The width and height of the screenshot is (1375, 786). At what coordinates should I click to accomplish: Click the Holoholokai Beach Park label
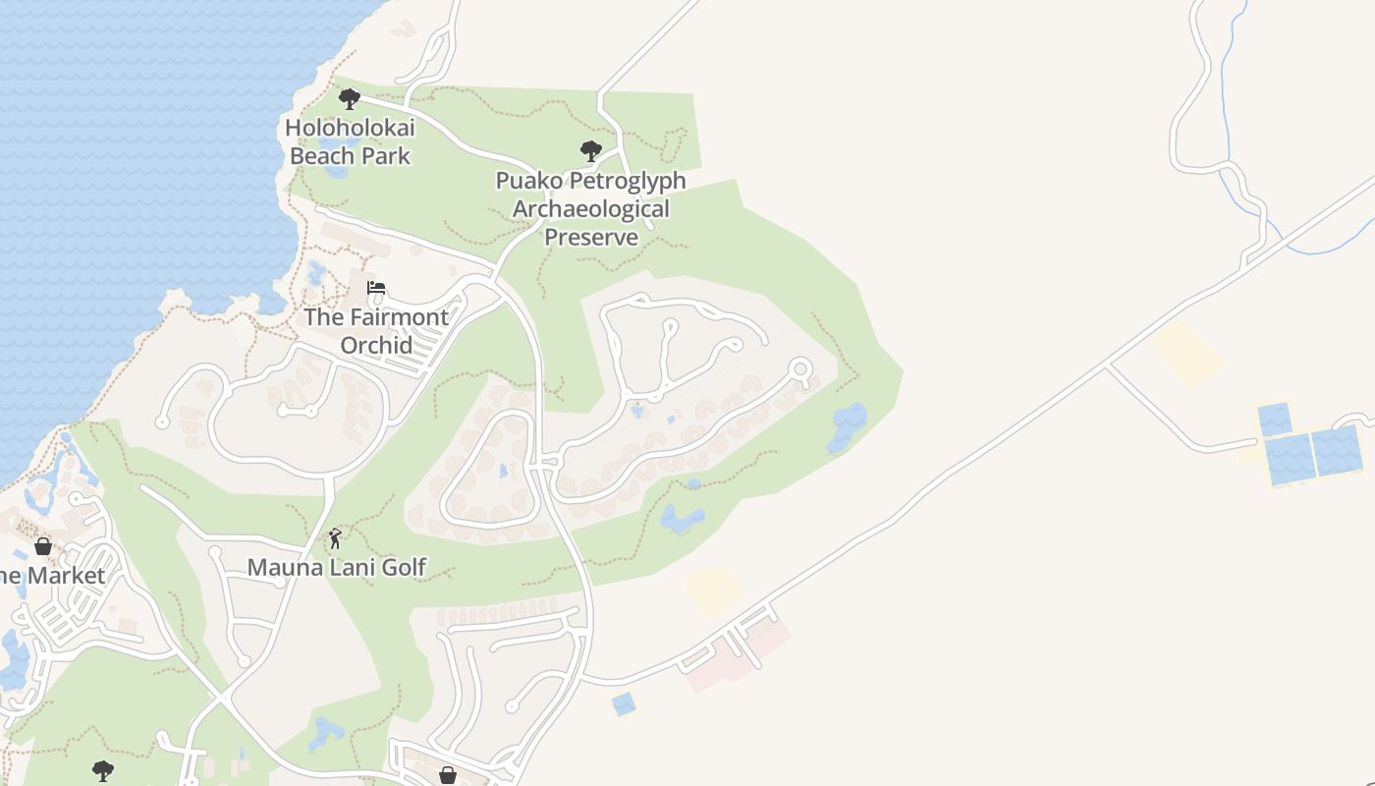click(350, 141)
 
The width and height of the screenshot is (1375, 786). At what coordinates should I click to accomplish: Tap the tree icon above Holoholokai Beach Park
click(349, 98)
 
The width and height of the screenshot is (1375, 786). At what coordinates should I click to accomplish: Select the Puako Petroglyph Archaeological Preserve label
click(590, 208)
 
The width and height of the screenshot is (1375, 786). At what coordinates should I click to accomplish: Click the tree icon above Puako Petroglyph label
click(590, 151)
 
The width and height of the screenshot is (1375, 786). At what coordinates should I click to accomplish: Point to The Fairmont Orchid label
click(376, 331)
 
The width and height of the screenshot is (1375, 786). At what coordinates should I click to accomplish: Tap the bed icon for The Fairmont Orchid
click(376, 288)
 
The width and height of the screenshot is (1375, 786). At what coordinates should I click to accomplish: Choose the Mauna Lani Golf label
click(336, 567)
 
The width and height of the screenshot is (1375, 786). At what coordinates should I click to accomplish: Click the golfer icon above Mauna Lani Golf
click(336, 538)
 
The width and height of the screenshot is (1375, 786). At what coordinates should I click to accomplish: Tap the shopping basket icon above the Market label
click(43, 546)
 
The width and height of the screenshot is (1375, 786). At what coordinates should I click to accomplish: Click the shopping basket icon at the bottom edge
click(448, 775)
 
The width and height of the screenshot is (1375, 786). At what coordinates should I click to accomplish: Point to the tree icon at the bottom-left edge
click(102, 770)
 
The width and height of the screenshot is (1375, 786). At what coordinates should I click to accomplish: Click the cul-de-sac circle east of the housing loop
click(800, 369)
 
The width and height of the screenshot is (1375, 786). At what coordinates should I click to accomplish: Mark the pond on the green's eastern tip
click(847, 426)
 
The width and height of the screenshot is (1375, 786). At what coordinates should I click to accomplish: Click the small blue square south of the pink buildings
click(623, 703)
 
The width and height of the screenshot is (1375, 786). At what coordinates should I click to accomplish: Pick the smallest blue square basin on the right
click(1275, 420)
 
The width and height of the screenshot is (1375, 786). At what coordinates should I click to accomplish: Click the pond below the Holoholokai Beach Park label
click(335, 170)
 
